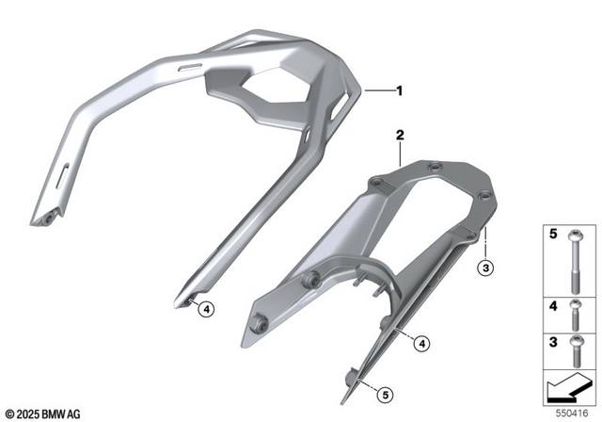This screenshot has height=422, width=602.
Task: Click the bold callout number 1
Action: [x=399, y=91]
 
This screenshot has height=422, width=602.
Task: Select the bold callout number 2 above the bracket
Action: [x=399, y=137]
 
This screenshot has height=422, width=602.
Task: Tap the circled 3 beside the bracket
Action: [x=485, y=269]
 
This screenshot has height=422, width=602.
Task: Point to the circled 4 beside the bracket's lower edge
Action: [x=422, y=343]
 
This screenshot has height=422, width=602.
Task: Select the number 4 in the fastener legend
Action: [x=553, y=306]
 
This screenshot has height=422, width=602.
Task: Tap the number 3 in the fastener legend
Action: [x=553, y=342]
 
